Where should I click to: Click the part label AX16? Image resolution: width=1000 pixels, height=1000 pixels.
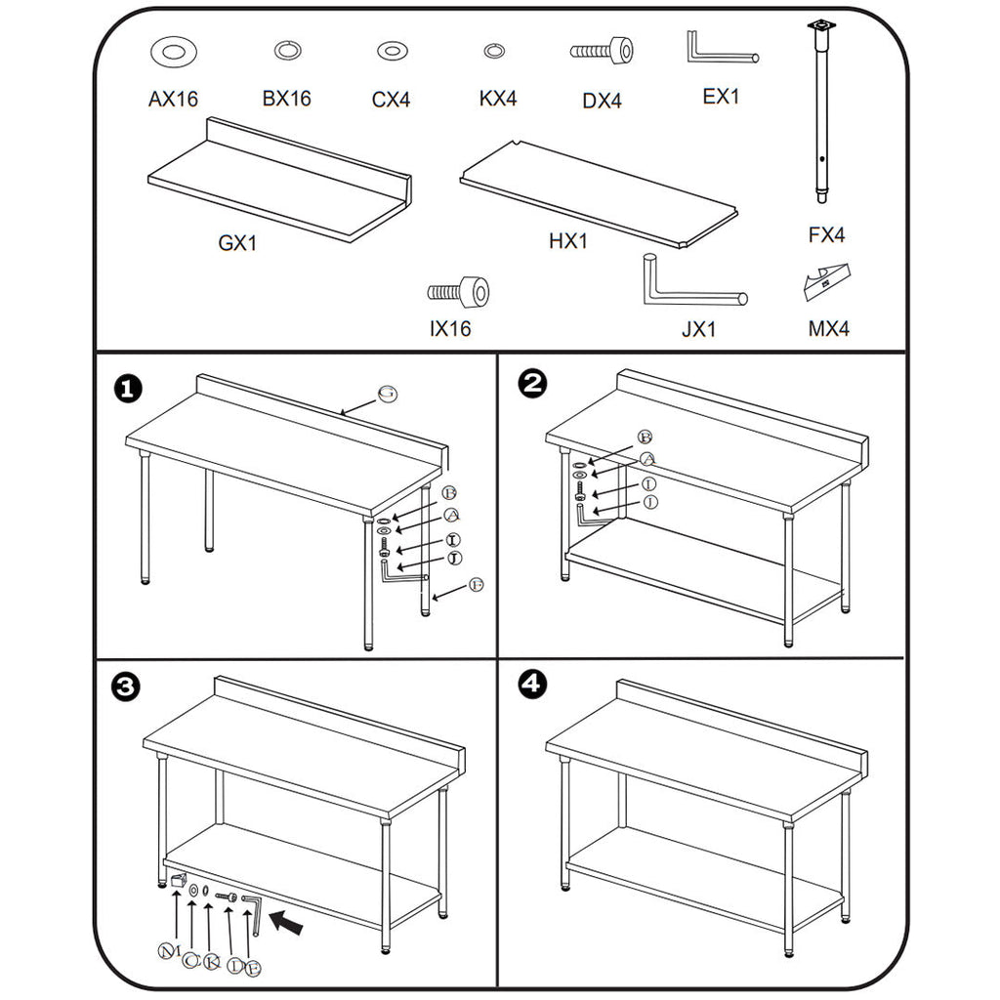(173, 99)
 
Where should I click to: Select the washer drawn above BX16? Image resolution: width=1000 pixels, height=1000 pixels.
(287, 50)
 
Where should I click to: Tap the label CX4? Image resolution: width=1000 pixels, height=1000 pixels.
(391, 100)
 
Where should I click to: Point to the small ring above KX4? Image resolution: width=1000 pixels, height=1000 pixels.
(494, 50)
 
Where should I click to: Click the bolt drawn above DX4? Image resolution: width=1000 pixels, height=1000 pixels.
(602, 50)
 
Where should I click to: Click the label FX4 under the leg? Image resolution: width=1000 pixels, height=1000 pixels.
(826, 234)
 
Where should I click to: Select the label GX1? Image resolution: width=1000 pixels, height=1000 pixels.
(237, 243)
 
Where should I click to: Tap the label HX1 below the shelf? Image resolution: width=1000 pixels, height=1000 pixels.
(568, 241)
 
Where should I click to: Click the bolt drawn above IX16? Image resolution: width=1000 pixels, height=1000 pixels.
(458, 291)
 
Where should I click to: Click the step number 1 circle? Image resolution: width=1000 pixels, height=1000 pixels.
(127, 389)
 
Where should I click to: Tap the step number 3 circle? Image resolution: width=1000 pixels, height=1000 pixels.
(127, 687)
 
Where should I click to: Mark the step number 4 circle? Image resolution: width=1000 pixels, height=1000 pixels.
(530, 685)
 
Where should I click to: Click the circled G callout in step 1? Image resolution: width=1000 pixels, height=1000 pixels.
(388, 394)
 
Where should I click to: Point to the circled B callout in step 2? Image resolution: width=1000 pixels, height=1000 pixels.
(645, 437)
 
